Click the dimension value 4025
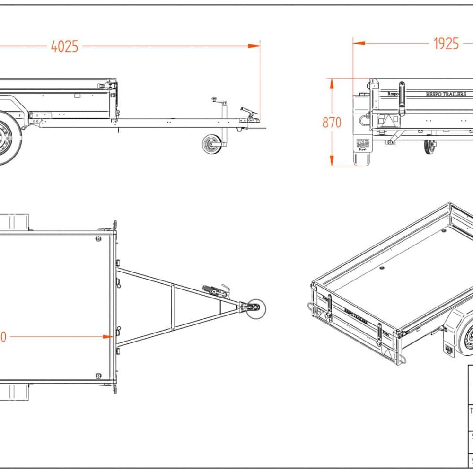(x=64, y=47)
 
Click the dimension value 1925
(x=446, y=44)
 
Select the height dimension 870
(x=332, y=122)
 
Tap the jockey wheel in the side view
(x=211, y=144)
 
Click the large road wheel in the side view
(x=6, y=137)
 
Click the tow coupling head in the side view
(x=250, y=115)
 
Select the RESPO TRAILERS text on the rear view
(x=446, y=94)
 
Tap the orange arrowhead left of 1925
(x=359, y=43)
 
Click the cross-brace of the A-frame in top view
(x=173, y=308)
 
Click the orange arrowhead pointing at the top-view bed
(x=106, y=337)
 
